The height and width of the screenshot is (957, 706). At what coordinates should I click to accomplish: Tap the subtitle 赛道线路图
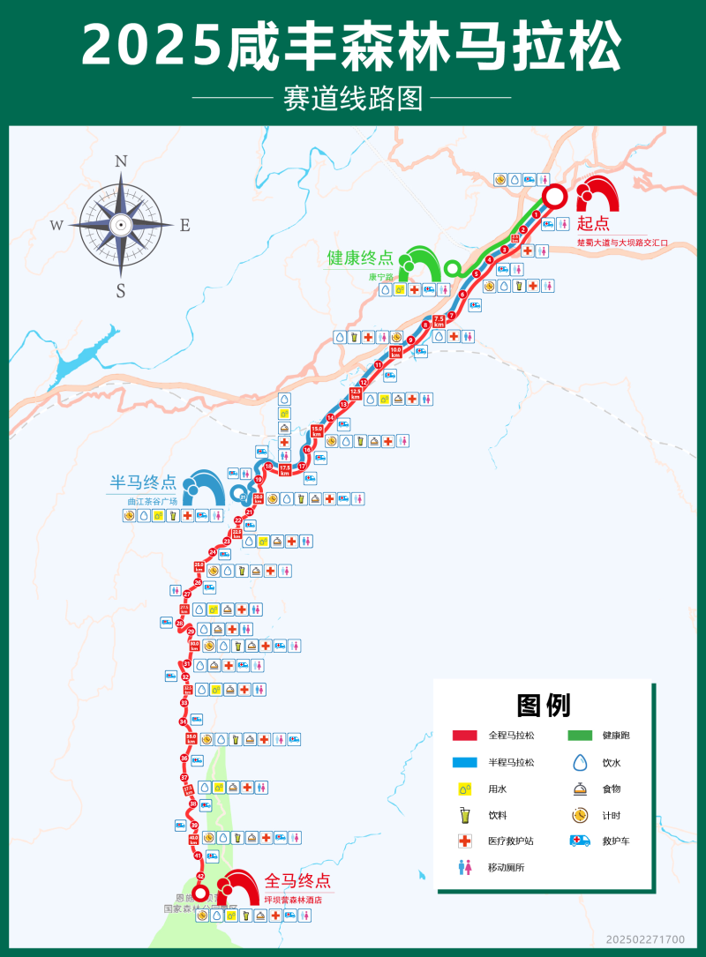click(352, 97)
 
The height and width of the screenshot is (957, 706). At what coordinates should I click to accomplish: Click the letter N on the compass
click(122, 161)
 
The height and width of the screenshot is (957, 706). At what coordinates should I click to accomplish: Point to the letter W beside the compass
click(56, 225)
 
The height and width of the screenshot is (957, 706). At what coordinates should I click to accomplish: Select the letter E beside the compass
click(185, 225)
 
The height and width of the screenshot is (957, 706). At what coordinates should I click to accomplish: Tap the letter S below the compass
click(121, 290)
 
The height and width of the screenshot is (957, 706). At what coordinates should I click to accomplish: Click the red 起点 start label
click(594, 223)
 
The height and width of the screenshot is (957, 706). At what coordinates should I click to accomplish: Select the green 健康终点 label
click(360, 258)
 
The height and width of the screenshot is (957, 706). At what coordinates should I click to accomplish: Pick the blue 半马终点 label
click(143, 482)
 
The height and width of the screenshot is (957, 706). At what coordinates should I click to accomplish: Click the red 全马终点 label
click(297, 879)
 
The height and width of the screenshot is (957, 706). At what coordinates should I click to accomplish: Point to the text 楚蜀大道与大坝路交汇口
click(623, 241)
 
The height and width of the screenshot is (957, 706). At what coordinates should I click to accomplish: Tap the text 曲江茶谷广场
click(152, 501)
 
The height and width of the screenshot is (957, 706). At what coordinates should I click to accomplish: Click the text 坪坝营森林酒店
click(293, 900)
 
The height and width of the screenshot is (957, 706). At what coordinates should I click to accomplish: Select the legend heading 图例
click(544, 705)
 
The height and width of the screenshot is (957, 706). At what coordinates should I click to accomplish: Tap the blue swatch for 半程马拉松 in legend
click(464, 762)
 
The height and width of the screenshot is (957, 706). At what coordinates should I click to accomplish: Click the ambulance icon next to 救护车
click(580, 841)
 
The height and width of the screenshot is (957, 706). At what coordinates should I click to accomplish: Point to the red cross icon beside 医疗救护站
click(464, 841)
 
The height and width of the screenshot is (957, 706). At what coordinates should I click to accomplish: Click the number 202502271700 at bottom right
click(645, 939)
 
